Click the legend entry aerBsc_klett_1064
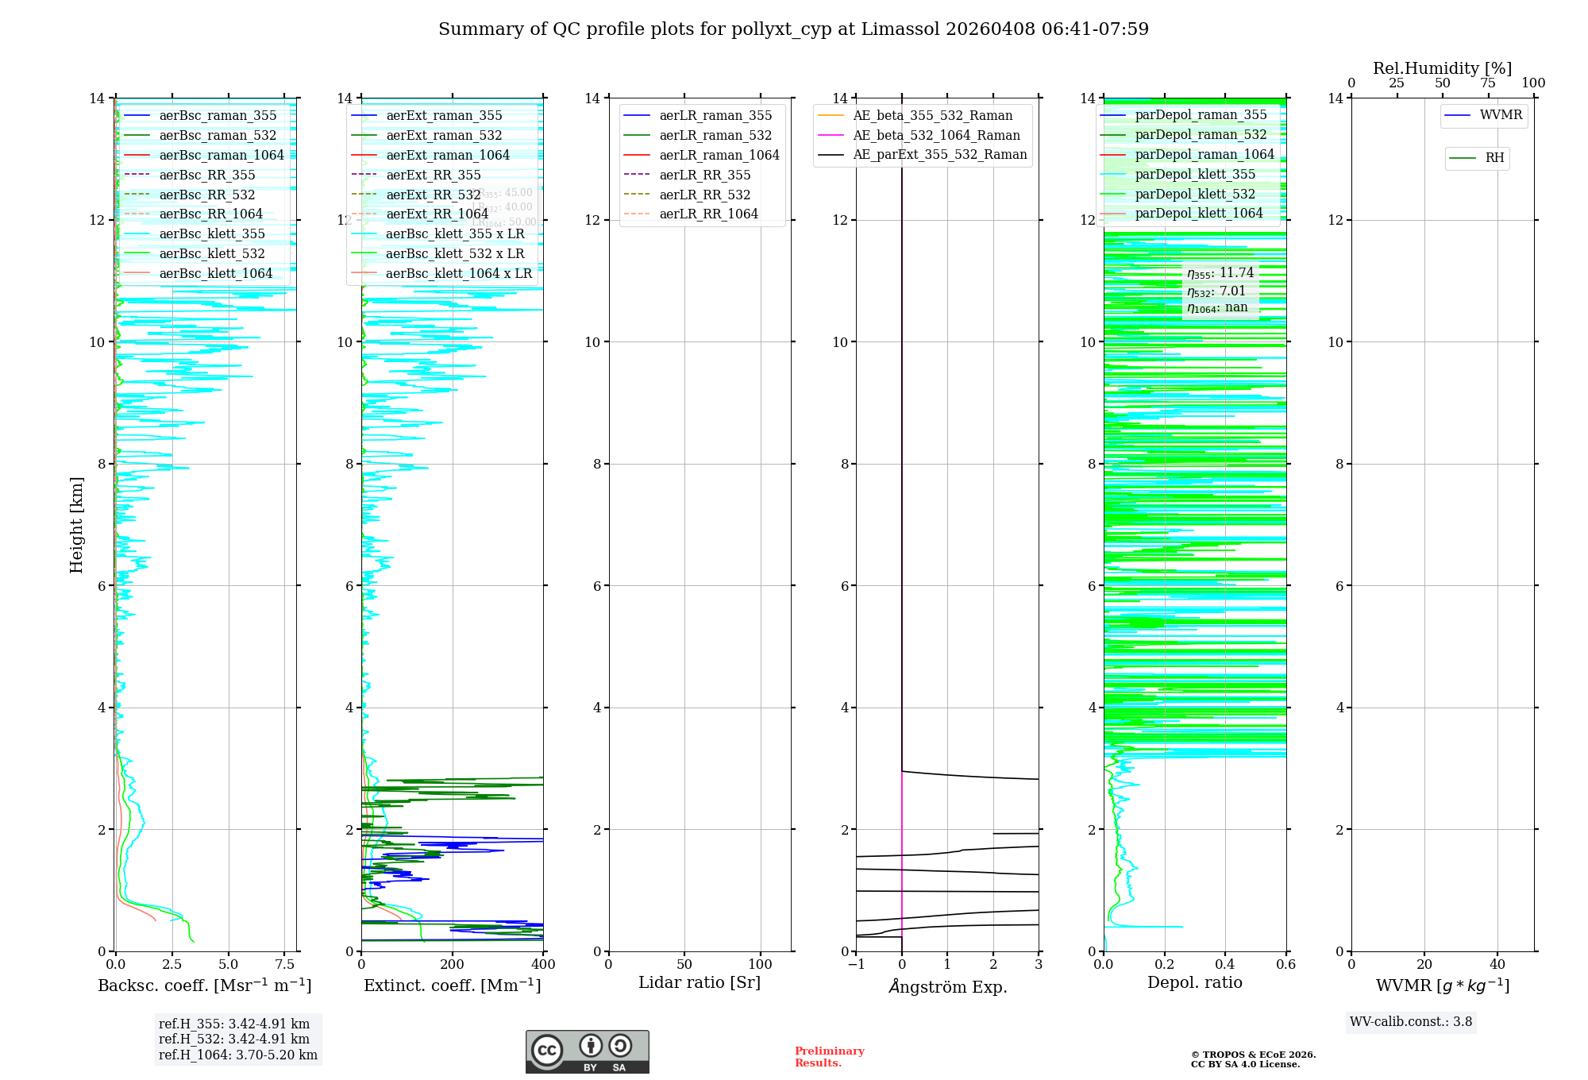(215, 273)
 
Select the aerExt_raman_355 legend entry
(444, 115)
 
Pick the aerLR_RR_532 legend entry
(704, 195)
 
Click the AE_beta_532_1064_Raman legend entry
(936, 135)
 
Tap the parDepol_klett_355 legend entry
(1195, 174)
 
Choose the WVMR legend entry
(1501, 115)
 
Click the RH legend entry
(1494, 158)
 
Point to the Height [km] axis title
(76, 524)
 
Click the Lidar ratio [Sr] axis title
(700, 982)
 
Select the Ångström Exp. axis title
(947, 986)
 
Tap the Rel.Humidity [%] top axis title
(1442, 68)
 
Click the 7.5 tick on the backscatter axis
(285, 965)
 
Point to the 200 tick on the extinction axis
(453, 965)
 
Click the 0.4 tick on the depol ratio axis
(1225, 965)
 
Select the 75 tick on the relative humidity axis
(1488, 83)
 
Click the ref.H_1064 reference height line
(238, 1055)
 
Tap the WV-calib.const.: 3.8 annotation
(1411, 1021)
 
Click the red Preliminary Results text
(829, 1056)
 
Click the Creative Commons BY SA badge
(587, 1051)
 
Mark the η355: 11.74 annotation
(1220, 273)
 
